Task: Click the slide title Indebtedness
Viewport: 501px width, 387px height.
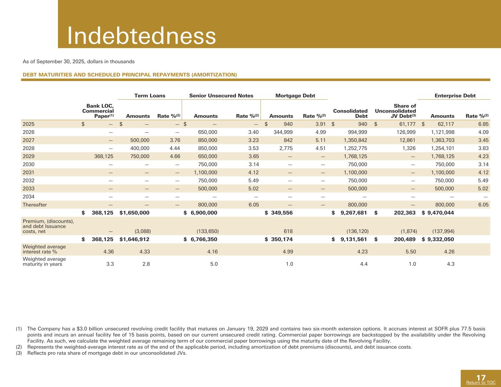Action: [x=141, y=36]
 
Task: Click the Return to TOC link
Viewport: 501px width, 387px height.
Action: [x=480, y=383]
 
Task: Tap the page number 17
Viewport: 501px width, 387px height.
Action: [x=481, y=377]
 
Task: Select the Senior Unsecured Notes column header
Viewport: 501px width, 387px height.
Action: [x=221, y=96]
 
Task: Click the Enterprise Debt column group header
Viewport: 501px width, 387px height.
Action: [x=455, y=96]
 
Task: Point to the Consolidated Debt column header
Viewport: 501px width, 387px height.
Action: [x=351, y=113]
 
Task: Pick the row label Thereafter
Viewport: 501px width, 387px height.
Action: [x=35, y=205]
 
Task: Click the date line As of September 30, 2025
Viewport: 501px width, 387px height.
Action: [x=79, y=61]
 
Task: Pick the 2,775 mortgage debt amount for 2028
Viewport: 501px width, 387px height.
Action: [x=285, y=148]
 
